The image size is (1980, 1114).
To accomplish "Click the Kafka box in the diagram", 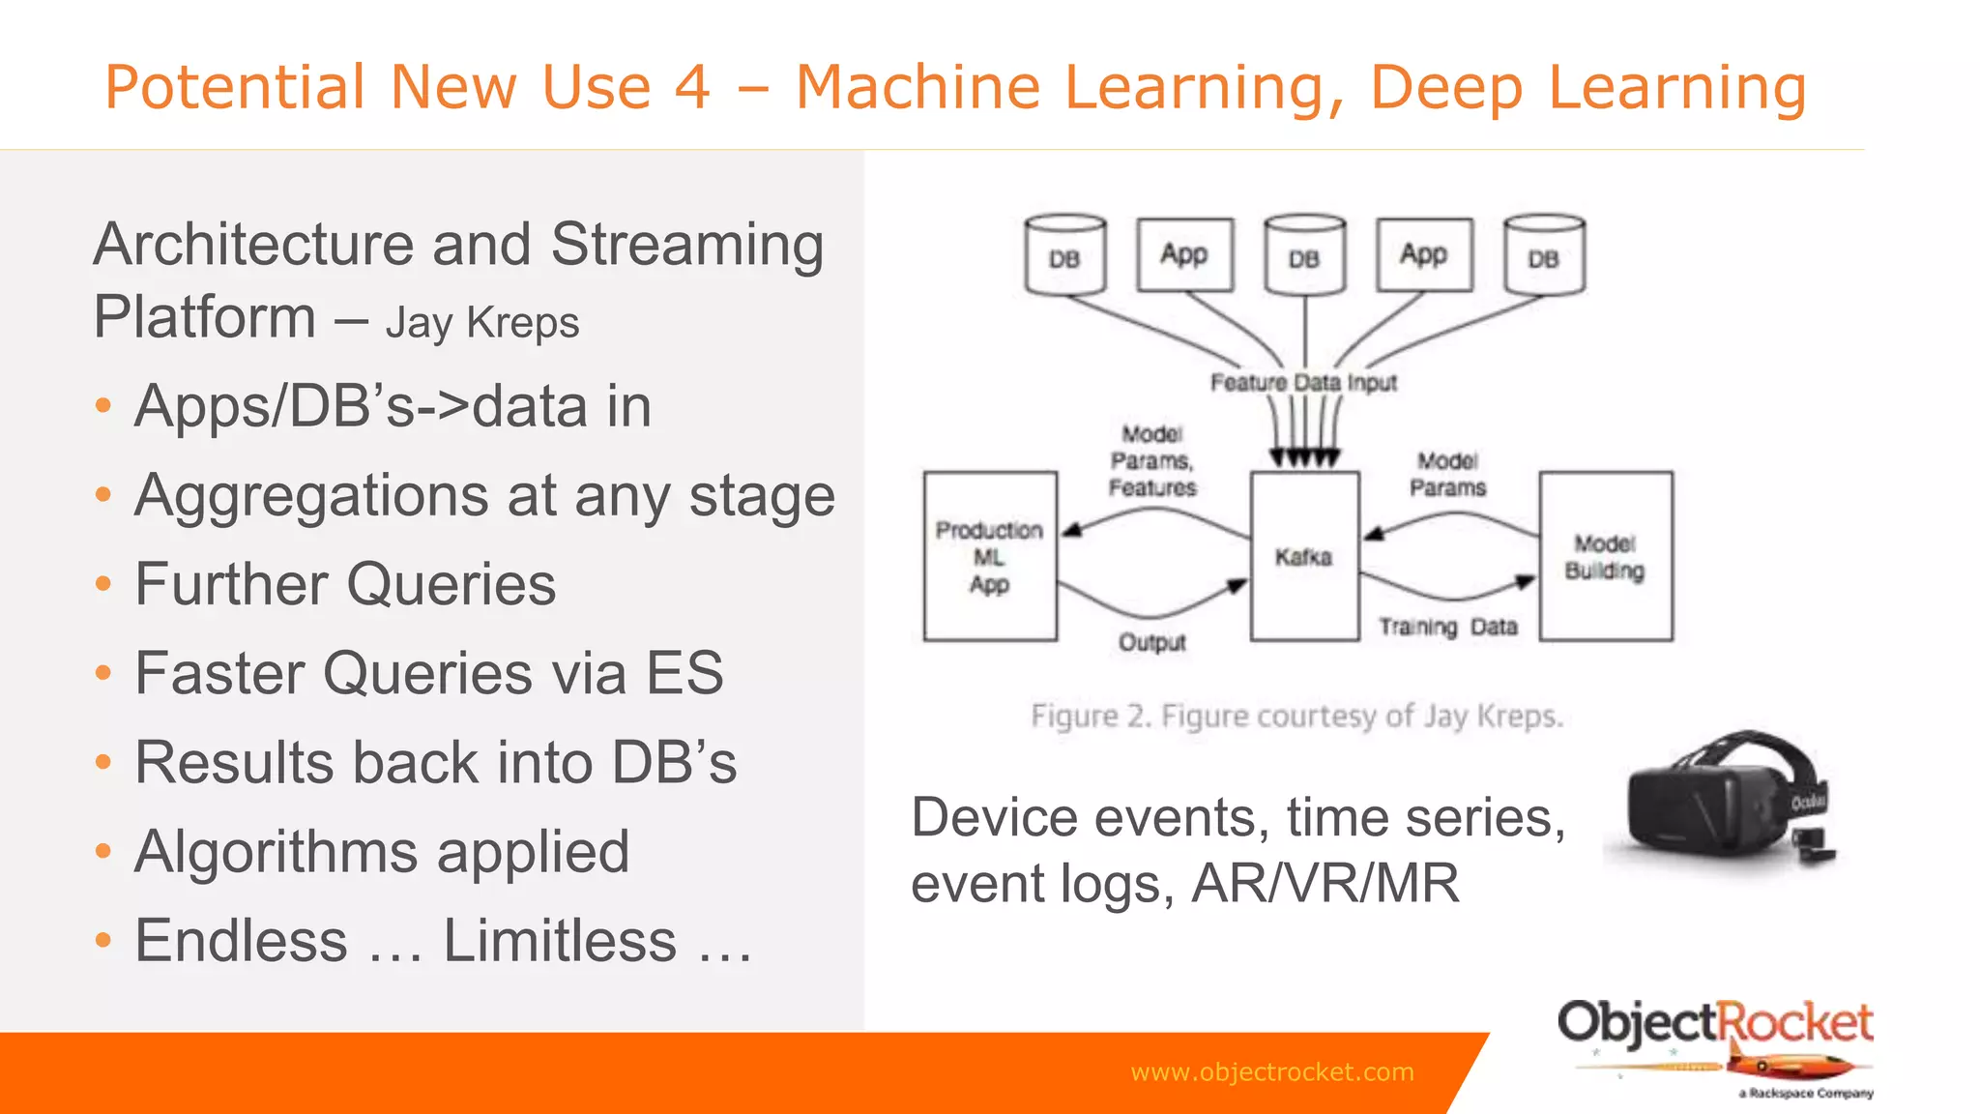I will tap(1304, 556).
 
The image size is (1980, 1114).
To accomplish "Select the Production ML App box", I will tap(989, 556).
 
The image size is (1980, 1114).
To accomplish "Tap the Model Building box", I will tap(1605, 556).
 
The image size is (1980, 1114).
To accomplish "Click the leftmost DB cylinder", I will tap(1064, 255).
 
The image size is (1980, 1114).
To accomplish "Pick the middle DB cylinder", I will tap(1304, 255).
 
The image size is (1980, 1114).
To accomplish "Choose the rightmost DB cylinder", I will tap(1544, 255).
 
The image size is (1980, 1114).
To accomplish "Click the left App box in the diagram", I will tap(1184, 254).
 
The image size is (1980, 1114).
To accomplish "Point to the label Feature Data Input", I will tap(1303, 383).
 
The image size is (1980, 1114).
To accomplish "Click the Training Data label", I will tap(1447, 628).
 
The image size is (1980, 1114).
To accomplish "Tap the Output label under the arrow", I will tap(1151, 643).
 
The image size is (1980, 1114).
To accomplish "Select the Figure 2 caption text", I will tap(1296, 717).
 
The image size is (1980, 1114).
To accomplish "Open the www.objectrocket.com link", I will tap(1271, 1072).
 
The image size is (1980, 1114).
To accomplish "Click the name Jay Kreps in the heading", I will tap(481, 324).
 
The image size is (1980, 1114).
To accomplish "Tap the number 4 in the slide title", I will tap(692, 87).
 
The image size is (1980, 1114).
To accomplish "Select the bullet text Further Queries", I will tap(345, 584).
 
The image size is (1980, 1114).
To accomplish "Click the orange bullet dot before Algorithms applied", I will tap(103, 852).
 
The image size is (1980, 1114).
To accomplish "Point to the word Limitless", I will tap(560, 941).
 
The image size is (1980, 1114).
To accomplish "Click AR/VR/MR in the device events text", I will tap(1325, 884).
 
